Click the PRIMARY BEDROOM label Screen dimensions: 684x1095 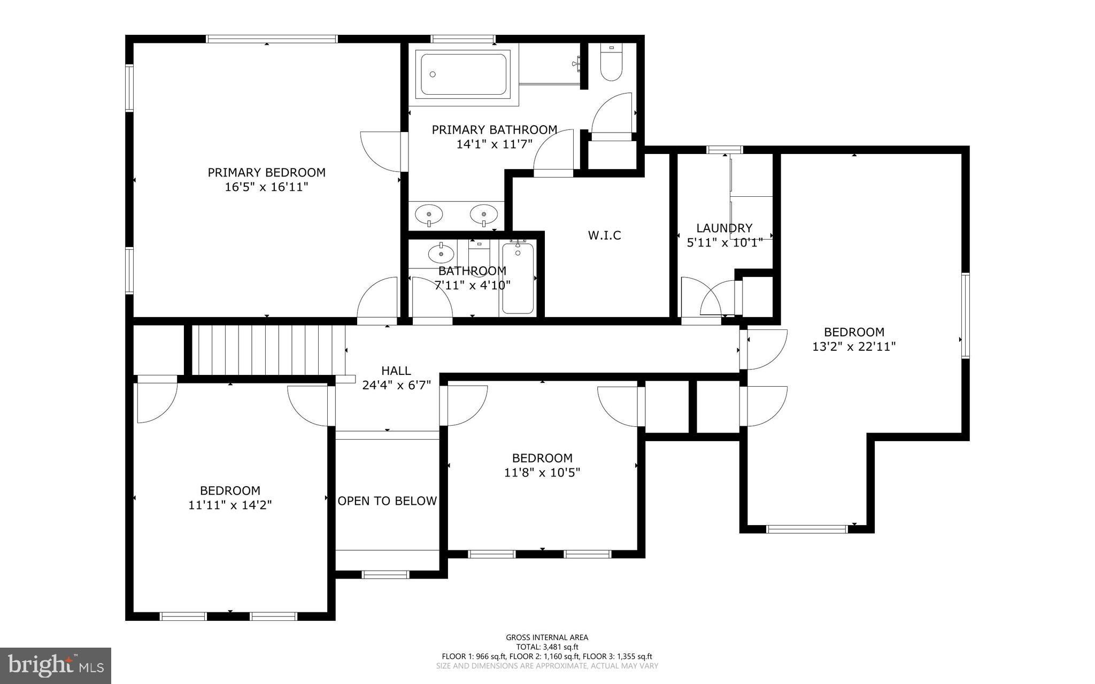pos(266,172)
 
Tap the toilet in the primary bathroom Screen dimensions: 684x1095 pos(611,63)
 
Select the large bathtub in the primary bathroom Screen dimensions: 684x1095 pos(463,74)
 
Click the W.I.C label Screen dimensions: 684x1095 pos(604,235)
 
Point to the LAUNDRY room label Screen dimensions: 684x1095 pos(724,228)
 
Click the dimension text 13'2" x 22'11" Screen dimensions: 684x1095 pos(854,347)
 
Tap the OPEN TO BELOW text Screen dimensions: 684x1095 pos(387,501)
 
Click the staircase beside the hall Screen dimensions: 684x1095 pos(267,350)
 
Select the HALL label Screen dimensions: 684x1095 pos(396,371)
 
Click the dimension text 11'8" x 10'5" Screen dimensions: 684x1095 pos(542,473)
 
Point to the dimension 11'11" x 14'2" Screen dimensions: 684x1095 pos(230,505)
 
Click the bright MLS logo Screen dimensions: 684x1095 pos(56,665)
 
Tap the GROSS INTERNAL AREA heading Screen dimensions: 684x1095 pos(547,637)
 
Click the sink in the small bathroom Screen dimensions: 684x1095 pos(441,252)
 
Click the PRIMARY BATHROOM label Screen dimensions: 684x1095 pos(495,129)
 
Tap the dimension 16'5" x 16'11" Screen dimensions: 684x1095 pos(266,187)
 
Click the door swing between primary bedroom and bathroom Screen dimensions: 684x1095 pos(381,151)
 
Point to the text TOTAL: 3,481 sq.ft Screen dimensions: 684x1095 pos(547,647)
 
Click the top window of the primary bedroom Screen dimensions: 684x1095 pos(272,39)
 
